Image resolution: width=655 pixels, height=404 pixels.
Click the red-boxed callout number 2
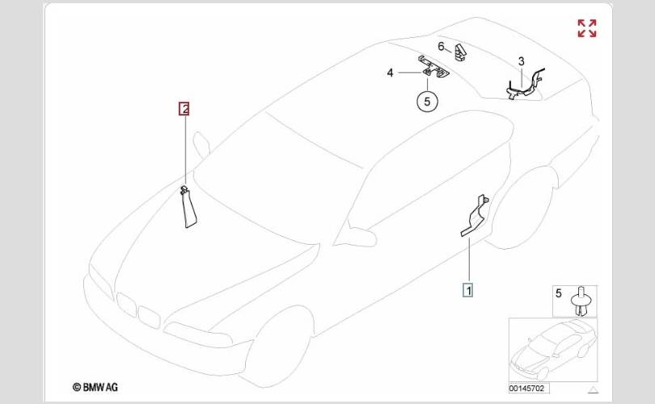(x=184, y=108)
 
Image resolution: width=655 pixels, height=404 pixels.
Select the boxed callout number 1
(x=467, y=288)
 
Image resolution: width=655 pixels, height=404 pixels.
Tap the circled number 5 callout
(x=427, y=102)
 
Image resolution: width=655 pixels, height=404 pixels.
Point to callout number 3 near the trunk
(x=522, y=61)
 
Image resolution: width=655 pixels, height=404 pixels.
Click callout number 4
(x=390, y=73)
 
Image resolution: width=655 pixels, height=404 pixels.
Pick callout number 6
(x=442, y=46)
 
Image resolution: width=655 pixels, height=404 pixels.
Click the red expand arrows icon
(x=586, y=29)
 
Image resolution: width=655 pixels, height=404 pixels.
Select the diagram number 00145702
(x=528, y=388)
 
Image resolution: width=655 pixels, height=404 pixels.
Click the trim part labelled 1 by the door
(x=476, y=217)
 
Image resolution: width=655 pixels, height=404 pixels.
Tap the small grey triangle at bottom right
(x=591, y=389)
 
